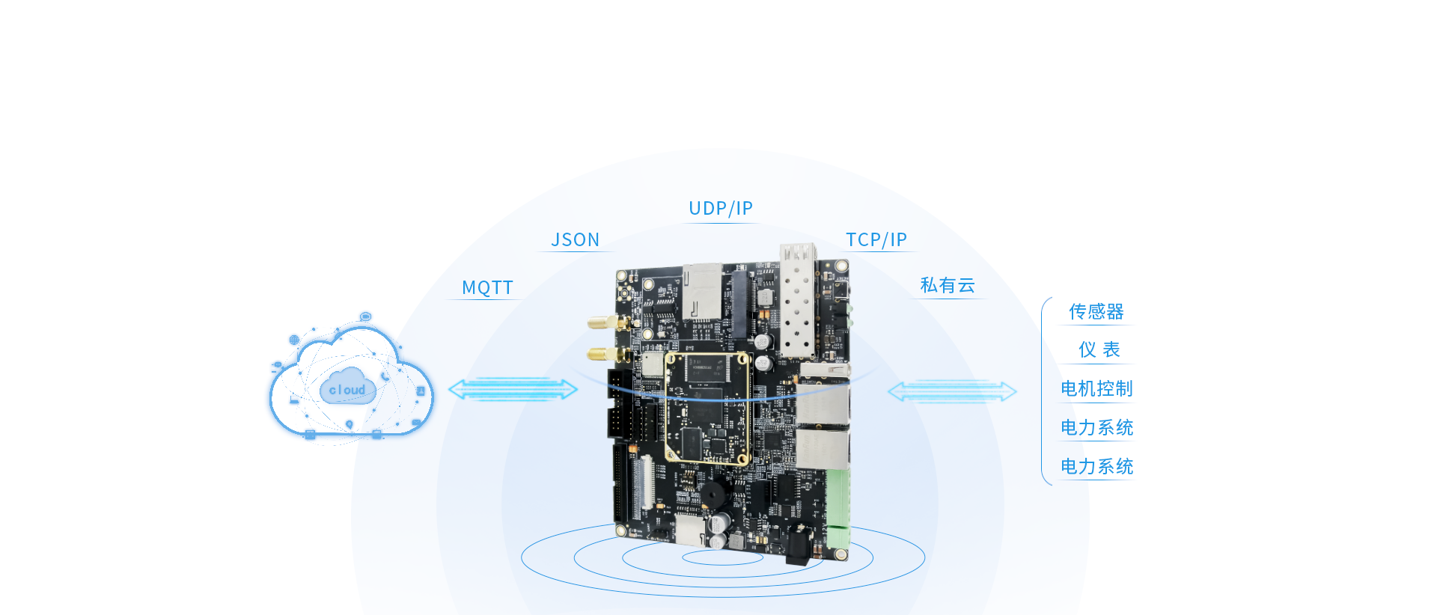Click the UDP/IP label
tap(721, 208)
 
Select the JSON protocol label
tap(575, 239)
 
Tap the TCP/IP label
tap(876, 239)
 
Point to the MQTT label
tap(487, 287)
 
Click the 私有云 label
tap(947, 285)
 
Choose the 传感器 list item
tap(1096, 311)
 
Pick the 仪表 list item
tap(1098, 349)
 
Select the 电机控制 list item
tap(1096, 388)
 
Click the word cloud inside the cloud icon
tap(347, 390)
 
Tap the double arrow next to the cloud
tap(513, 389)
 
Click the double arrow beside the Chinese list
tap(951, 391)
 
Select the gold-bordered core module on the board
tap(707, 408)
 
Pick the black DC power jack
tap(799, 544)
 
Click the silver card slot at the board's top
tap(701, 291)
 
